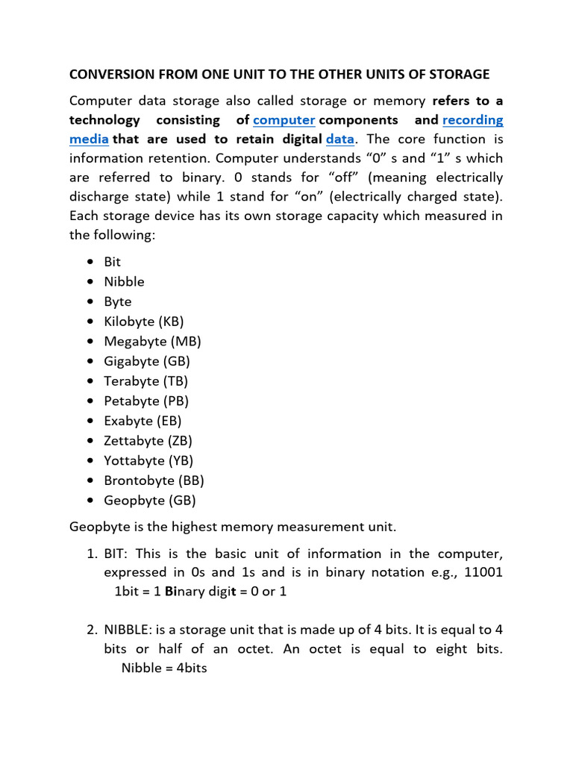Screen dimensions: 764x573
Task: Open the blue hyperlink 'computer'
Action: [284, 120]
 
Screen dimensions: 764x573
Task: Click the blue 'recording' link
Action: [472, 120]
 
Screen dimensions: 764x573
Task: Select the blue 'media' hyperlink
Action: [89, 139]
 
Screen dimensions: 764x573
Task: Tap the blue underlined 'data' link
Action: [339, 139]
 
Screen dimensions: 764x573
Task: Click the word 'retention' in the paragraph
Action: [169, 158]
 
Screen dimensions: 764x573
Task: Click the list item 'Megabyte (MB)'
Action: [152, 342]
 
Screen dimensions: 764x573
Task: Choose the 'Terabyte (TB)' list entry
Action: [145, 381]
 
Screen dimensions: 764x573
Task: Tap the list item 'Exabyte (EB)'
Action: [143, 421]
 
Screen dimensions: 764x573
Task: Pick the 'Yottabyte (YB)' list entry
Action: [148, 460]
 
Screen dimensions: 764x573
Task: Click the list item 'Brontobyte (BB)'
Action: [154, 480]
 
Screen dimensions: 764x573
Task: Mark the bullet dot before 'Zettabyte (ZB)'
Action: [90, 441]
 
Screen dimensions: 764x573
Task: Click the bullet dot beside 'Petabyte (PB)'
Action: [90, 401]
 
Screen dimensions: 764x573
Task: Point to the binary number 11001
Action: [482, 572]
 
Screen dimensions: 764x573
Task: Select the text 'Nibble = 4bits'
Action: [163, 668]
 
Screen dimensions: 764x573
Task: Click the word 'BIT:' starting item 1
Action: [118, 554]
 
